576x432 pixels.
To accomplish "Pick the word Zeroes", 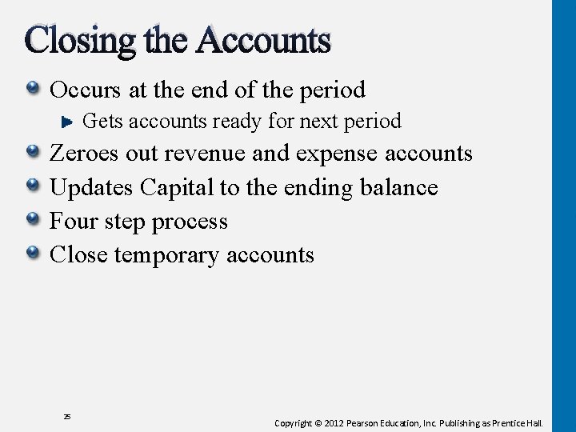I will click(x=83, y=153).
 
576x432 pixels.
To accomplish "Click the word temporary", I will click(x=168, y=255).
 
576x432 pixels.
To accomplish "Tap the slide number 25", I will click(x=67, y=417).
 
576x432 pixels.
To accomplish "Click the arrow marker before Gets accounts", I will click(x=69, y=122).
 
